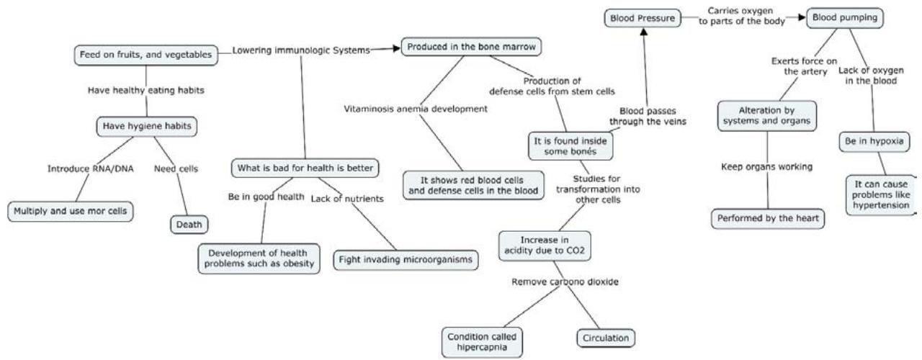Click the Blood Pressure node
pos(641,19)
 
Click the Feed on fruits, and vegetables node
pos(146,55)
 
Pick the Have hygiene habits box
pos(146,127)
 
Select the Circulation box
pos(606,336)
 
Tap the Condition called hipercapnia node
pos(481,341)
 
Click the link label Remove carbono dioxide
pos(556,282)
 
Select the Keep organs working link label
pos(767,167)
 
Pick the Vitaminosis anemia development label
pos(415,109)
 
